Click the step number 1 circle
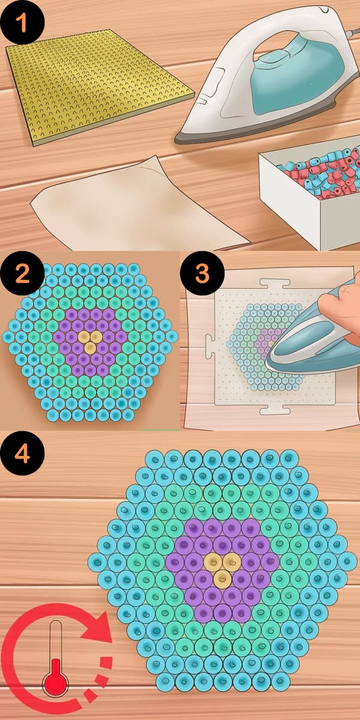(x=22, y=22)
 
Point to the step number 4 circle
(x=22, y=454)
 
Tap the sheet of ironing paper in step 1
(x=138, y=206)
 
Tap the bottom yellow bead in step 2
(x=91, y=347)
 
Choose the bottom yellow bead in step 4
(x=221, y=579)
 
